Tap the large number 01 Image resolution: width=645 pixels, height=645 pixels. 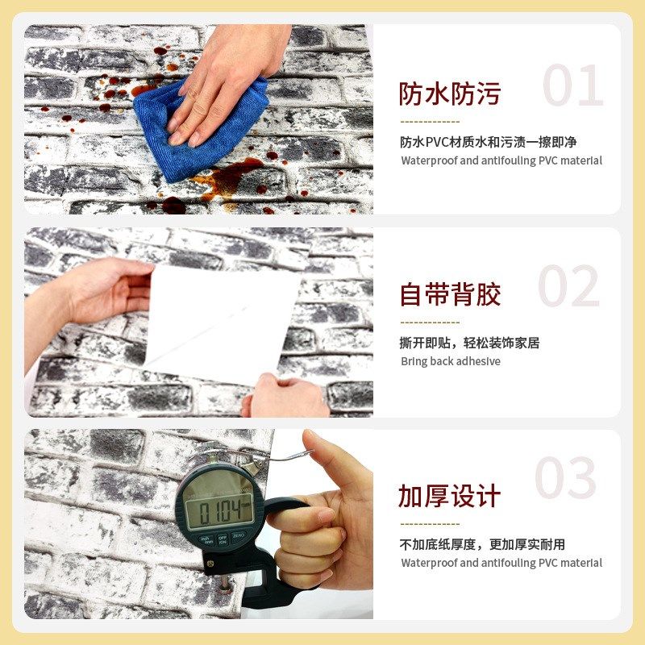572,86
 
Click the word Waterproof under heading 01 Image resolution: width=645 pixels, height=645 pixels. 430,160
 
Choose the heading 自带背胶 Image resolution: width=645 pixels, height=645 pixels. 450,294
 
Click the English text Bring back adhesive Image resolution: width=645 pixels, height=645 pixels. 451,361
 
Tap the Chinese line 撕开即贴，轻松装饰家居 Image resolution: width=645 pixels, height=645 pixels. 469,343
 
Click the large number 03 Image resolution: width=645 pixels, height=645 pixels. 566,478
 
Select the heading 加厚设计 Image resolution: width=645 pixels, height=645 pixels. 449,496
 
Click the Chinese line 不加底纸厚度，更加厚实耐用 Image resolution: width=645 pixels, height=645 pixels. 482,544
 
